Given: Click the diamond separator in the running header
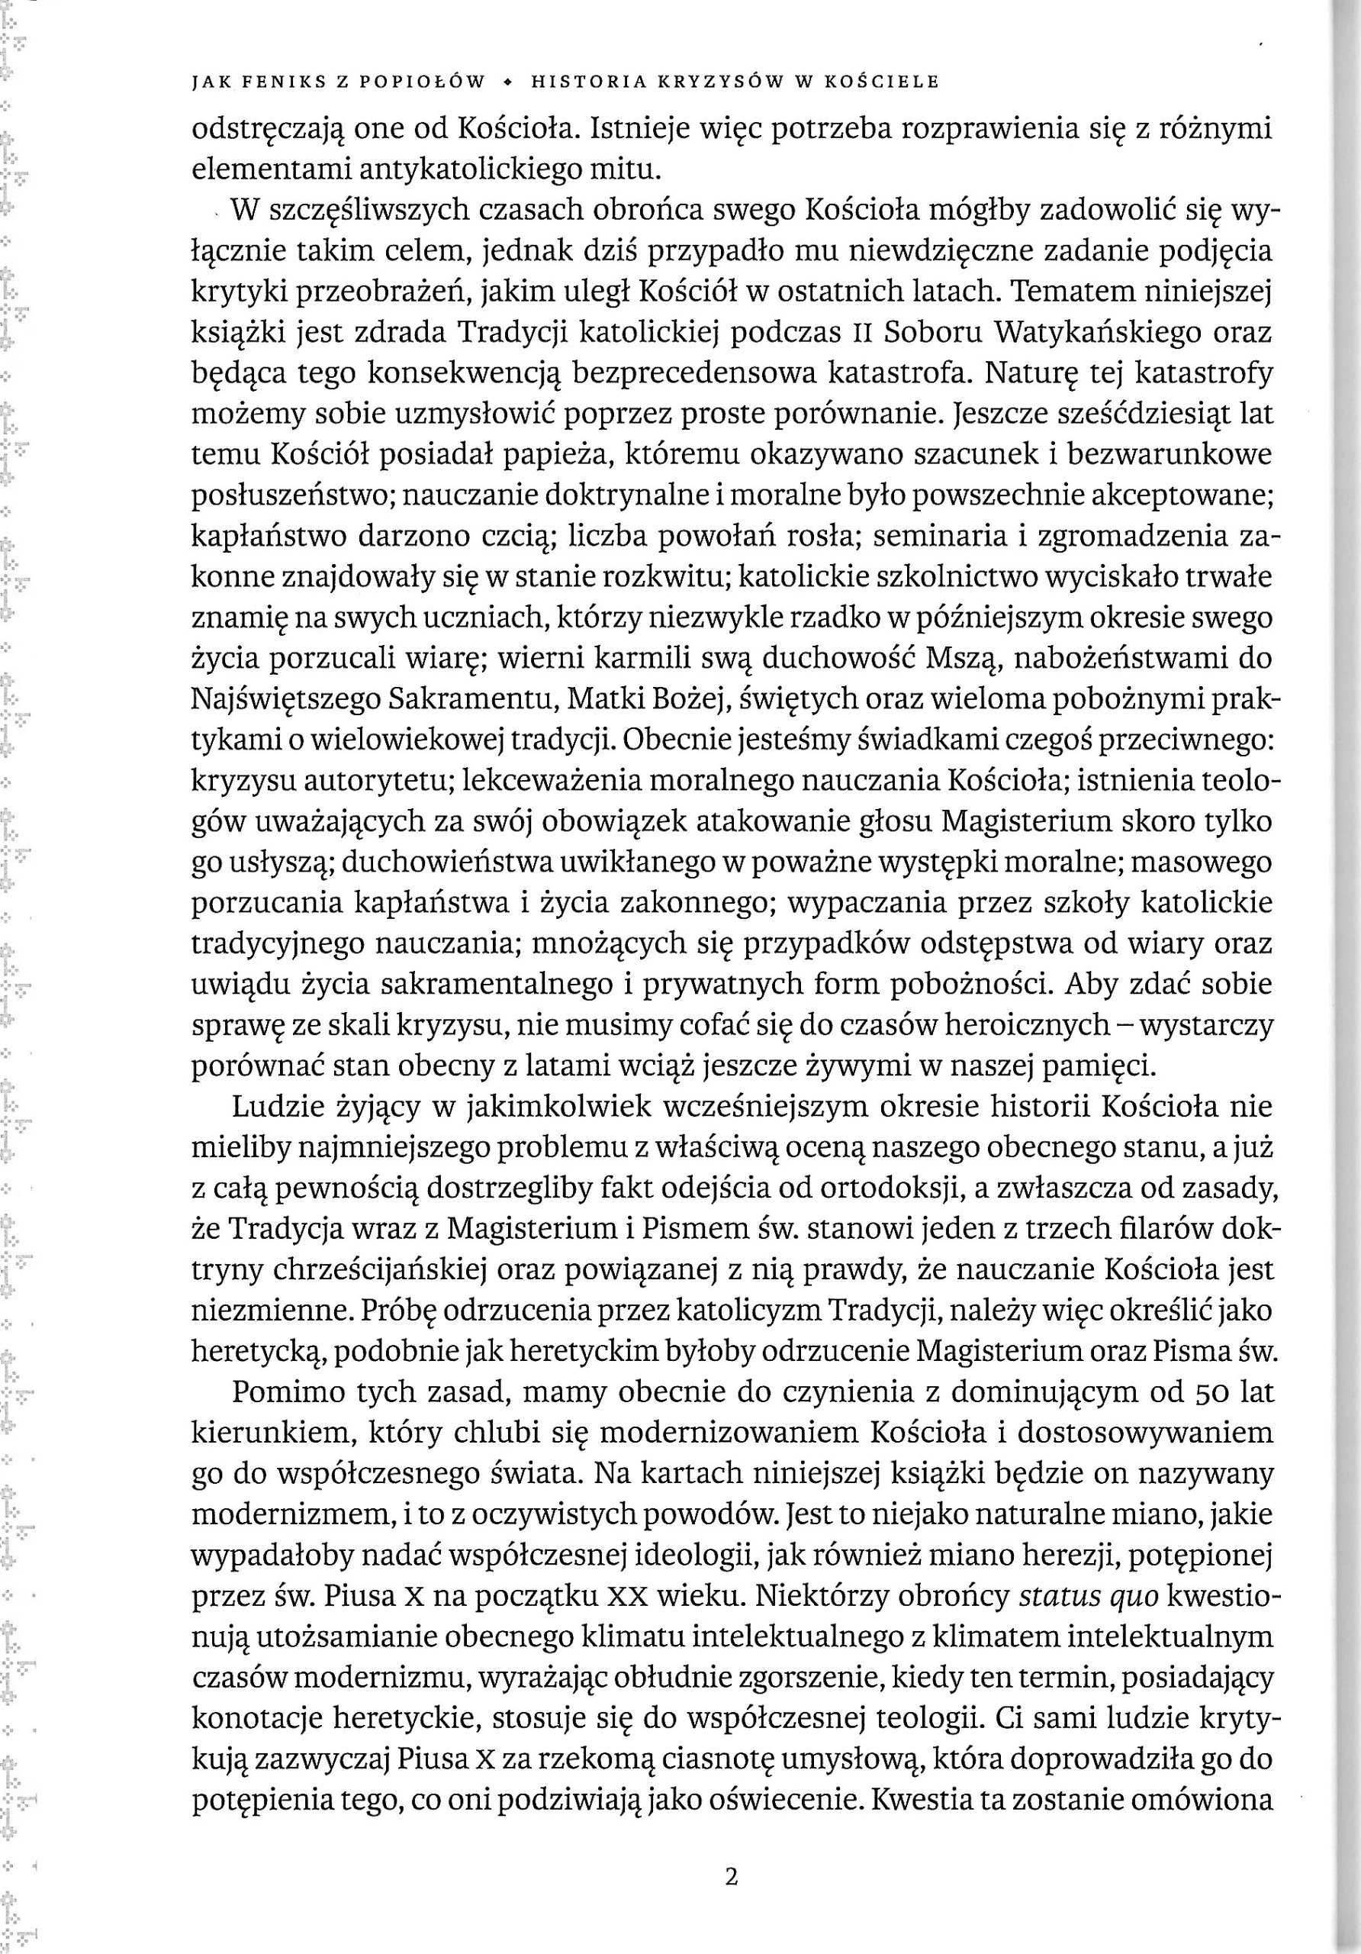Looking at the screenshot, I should [x=508, y=82].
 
